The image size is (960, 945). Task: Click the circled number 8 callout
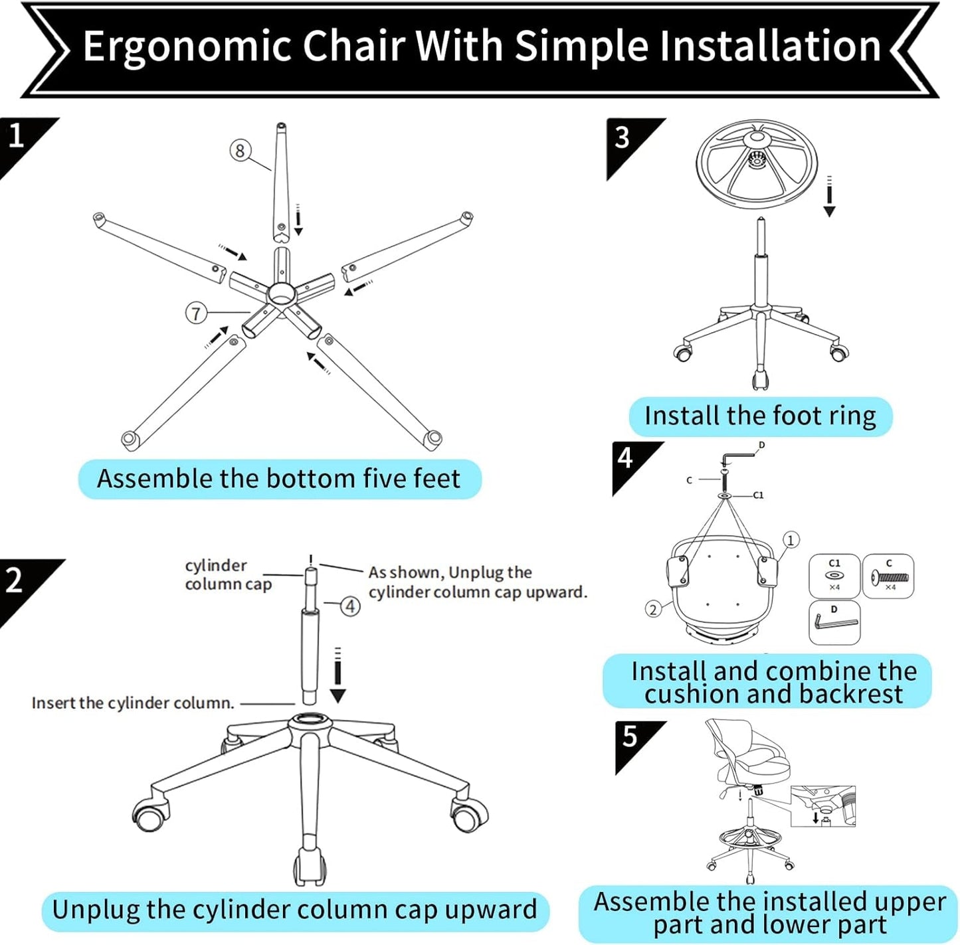[240, 150]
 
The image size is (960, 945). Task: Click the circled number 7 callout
[195, 313]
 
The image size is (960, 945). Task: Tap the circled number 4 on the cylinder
[351, 606]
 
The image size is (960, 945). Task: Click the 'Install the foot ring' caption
[760, 416]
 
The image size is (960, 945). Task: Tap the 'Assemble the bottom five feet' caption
[279, 479]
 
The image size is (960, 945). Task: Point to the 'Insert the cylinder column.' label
[133, 703]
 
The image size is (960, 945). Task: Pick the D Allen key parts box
[834, 622]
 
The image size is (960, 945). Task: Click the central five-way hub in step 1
[281, 292]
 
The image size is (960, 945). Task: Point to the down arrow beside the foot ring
[829, 197]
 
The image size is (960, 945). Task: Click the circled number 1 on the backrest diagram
[790, 540]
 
